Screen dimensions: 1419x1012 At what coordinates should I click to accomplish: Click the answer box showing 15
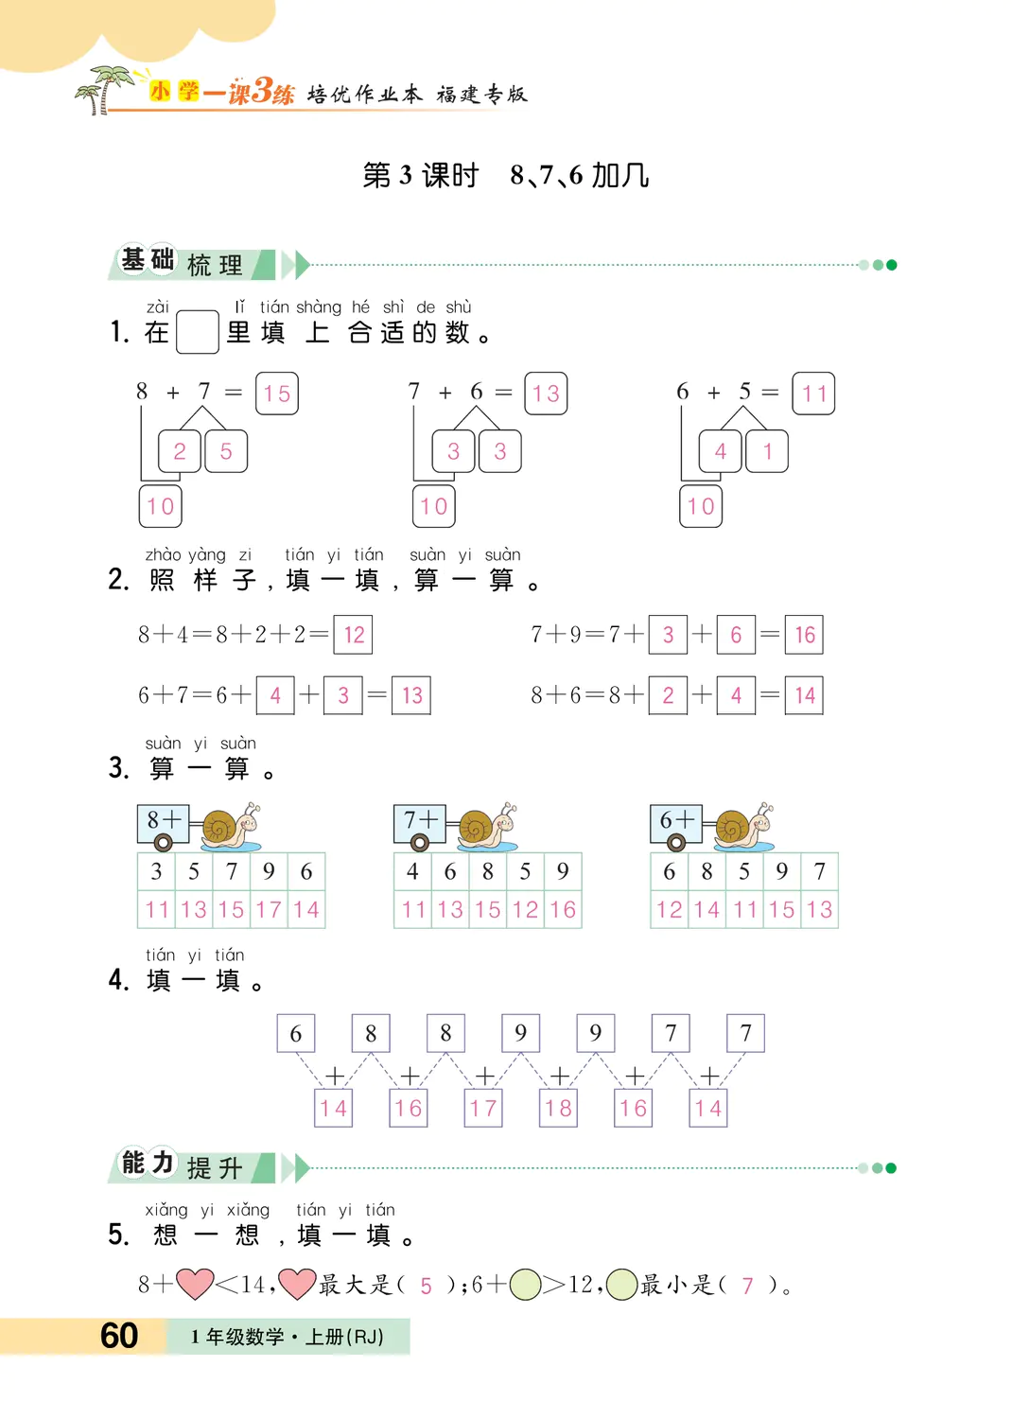(277, 394)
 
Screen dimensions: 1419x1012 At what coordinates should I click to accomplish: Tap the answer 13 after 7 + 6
(546, 394)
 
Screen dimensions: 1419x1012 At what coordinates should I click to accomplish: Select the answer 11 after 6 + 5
(813, 394)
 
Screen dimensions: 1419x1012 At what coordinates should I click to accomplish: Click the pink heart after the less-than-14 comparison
(297, 1284)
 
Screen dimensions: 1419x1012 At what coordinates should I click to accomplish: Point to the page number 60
(119, 1336)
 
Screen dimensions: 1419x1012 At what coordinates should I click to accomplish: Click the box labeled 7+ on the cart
(419, 820)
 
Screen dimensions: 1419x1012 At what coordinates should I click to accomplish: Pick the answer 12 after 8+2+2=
(354, 635)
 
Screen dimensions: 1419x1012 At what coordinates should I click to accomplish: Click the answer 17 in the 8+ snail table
(269, 910)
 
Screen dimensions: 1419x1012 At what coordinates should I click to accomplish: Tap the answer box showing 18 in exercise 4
(558, 1108)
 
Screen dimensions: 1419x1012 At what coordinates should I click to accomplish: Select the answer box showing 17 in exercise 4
(483, 1108)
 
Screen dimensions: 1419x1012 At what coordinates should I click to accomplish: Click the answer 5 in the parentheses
(427, 1286)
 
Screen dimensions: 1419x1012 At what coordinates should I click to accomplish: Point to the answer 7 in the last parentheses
(747, 1286)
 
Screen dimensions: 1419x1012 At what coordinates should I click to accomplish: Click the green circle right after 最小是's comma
(621, 1285)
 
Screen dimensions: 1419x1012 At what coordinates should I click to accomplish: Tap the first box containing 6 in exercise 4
(296, 1033)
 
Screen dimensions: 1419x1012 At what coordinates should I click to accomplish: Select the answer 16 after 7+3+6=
(805, 635)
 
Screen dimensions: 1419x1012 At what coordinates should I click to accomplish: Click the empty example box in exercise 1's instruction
(198, 332)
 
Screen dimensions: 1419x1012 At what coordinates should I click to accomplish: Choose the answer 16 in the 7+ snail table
(563, 910)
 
